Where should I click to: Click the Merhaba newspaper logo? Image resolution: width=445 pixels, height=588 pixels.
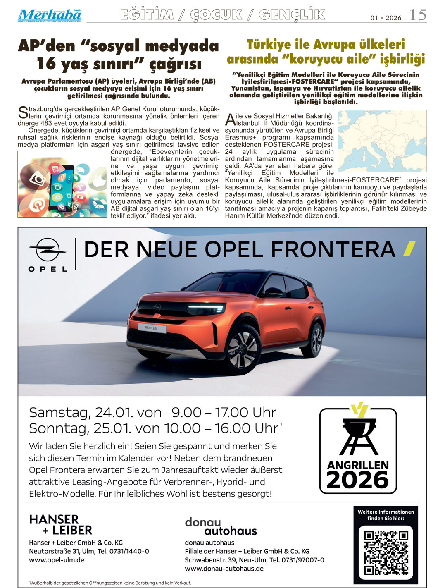[49, 15]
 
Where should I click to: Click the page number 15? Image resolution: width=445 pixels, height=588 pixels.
[417, 15]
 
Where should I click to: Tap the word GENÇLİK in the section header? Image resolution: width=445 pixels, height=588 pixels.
[292, 15]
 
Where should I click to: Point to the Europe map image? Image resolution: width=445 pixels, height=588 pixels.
[382, 141]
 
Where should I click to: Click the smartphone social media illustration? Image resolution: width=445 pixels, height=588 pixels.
[62, 184]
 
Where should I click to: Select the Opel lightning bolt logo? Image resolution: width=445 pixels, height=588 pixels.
[48, 250]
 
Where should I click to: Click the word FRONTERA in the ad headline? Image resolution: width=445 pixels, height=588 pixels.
[333, 250]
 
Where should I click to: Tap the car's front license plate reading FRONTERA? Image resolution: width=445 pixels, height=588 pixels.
[152, 328]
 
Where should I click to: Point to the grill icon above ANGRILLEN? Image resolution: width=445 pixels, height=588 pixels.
[358, 434]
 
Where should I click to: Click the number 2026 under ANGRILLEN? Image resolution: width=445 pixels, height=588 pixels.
[358, 480]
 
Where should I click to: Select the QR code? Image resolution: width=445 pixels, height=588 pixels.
[386, 553]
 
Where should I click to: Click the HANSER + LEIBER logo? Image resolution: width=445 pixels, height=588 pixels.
[60, 525]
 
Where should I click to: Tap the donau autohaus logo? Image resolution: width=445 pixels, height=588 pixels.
[221, 526]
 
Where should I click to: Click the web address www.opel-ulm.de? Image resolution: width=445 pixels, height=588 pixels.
[57, 560]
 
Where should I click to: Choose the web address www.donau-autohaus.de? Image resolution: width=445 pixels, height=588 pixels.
[224, 569]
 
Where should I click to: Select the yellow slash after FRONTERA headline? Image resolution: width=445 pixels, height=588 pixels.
[409, 249]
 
